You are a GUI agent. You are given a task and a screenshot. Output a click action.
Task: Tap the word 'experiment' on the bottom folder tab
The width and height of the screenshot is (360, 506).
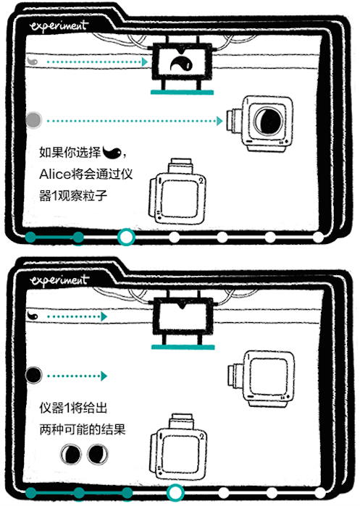click(x=59, y=279)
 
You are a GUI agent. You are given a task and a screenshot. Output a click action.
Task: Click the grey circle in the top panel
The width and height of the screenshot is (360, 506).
click(x=33, y=119)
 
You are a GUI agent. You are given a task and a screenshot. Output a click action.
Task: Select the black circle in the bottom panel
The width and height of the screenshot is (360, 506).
click(x=33, y=375)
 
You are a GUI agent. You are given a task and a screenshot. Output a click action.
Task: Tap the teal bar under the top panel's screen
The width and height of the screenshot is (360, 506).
click(x=182, y=93)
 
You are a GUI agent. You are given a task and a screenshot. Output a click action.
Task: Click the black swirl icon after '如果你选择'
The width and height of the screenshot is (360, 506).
click(x=112, y=153)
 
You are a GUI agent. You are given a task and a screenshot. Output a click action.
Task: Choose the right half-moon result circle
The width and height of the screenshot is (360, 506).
click(x=96, y=455)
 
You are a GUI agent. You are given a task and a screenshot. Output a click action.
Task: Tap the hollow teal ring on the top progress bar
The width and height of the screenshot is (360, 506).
click(x=126, y=237)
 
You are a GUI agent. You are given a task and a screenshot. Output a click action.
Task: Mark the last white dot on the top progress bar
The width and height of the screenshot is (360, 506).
click(x=317, y=237)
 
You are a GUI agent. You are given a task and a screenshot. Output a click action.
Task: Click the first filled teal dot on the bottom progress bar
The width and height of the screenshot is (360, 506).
click(x=30, y=492)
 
